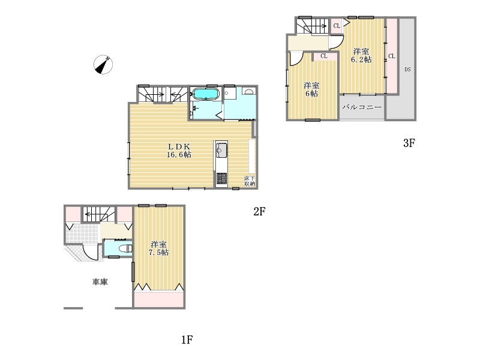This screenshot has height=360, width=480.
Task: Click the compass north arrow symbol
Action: (103, 65)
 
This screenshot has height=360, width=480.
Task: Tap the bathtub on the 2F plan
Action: (205, 94)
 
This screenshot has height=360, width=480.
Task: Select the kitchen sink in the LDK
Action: (221, 150)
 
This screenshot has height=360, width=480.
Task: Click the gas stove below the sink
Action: (221, 178)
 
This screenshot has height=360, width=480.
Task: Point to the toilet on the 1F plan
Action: (126, 249)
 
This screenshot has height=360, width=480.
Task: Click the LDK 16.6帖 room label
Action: (179, 151)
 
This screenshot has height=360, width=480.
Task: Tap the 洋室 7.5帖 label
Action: (158, 248)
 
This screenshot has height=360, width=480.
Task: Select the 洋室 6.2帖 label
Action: (361, 55)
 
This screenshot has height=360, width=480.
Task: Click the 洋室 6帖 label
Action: (311, 89)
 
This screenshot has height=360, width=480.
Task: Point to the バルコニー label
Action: (362, 107)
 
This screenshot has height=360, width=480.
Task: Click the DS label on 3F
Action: (407, 70)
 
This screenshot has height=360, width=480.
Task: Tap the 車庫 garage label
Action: (100, 281)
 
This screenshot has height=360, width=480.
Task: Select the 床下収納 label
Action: (250, 181)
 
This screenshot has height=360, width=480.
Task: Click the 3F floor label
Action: (409, 143)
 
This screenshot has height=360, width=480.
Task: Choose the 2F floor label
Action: (259, 211)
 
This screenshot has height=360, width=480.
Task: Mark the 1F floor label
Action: (187, 340)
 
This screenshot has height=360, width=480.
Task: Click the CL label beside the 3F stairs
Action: (337, 26)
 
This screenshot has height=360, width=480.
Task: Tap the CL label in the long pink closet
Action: (392, 56)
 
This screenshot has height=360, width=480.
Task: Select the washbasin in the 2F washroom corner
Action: (248, 91)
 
